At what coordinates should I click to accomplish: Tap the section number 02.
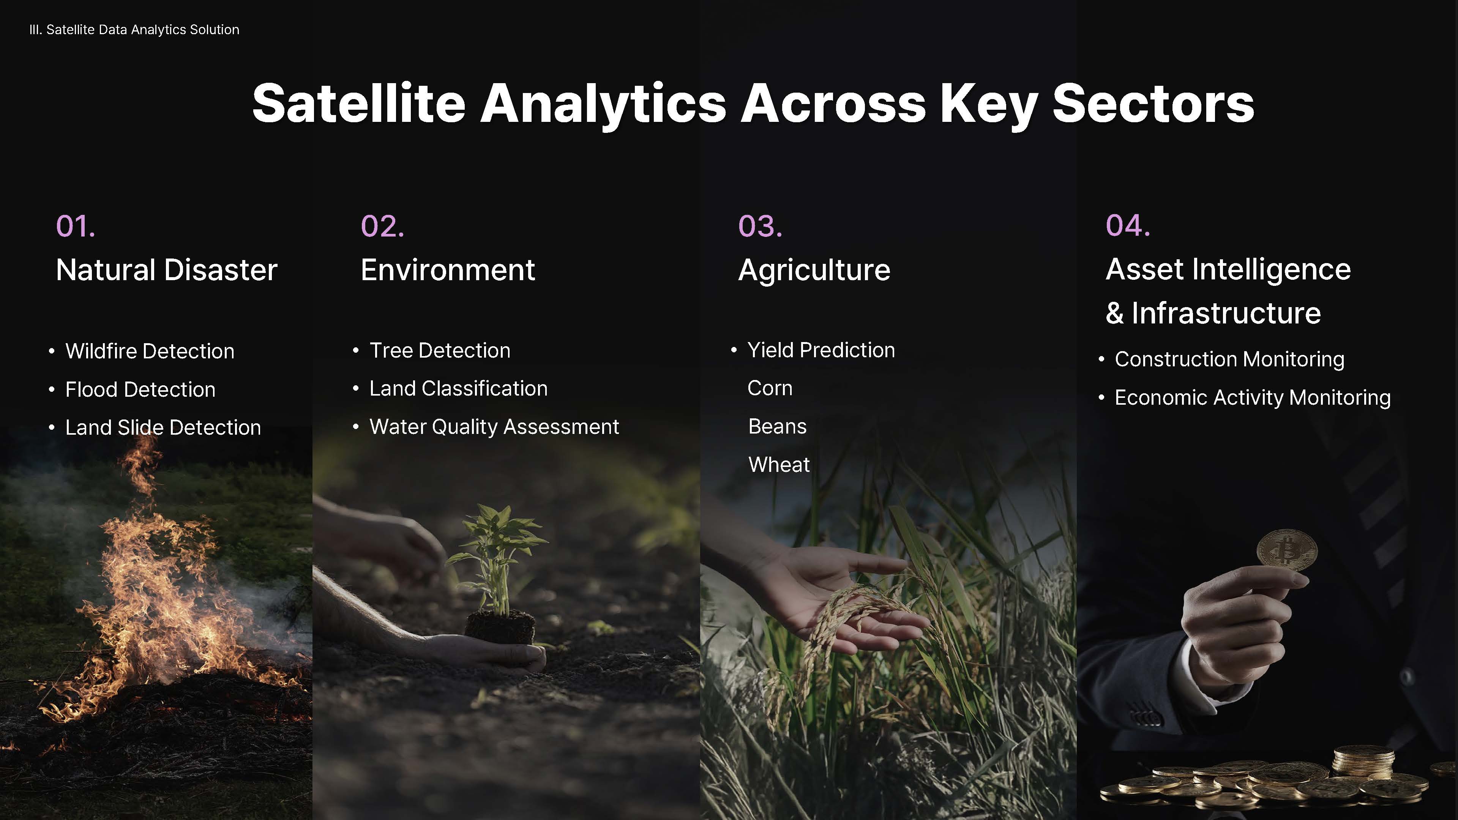click(383, 226)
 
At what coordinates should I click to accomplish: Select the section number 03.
click(760, 226)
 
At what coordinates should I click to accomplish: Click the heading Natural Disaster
click(166, 270)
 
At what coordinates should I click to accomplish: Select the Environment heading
click(448, 270)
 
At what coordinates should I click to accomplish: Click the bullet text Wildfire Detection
click(150, 351)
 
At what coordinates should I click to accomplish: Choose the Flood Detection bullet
click(140, 389)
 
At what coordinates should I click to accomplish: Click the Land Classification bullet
click(458, 388)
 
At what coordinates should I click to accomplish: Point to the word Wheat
click(779, 465)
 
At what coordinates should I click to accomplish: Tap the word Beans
click(777, 426)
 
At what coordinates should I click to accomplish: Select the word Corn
click(770, 388)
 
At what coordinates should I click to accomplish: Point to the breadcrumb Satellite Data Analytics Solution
click(143, 30)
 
